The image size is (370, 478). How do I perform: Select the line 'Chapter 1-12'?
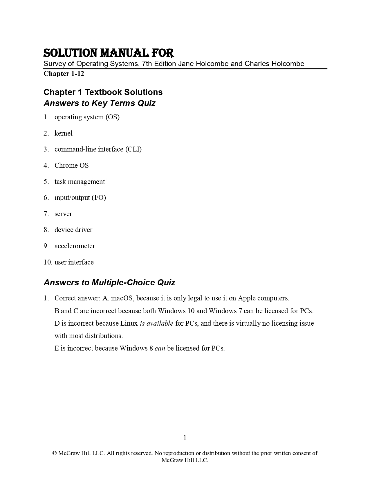64,74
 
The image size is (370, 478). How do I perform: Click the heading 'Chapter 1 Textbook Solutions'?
103,92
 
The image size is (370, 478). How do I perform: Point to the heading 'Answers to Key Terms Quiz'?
100,103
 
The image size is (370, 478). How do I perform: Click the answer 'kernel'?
64,133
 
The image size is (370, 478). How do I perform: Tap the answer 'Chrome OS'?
72,165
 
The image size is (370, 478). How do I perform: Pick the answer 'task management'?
80,182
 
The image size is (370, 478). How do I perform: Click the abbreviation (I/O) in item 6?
99,198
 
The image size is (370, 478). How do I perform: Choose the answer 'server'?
63,214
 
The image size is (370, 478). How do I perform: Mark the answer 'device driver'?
73,230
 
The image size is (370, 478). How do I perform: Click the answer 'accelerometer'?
75,246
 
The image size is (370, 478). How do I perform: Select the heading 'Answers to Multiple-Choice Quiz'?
109,282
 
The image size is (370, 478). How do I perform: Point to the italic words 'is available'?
156,323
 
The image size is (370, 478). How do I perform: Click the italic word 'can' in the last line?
160,348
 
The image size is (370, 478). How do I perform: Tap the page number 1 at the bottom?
185,438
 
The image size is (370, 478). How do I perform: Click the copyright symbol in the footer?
54,453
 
